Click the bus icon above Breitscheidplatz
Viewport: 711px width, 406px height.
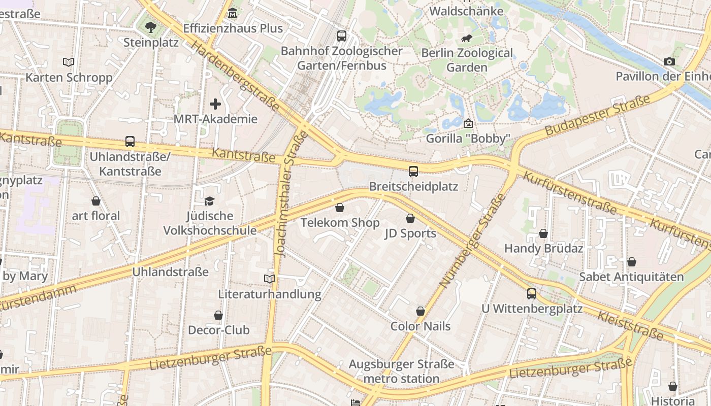click(x=413, y=171)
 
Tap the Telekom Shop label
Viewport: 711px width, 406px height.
click(x=340, y=223)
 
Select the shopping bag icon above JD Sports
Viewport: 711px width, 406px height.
click(x=410, y=218)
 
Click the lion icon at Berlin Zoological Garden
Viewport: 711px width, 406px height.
click(x=466, y=39)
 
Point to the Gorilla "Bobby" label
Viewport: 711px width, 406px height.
click(x=467, y=139)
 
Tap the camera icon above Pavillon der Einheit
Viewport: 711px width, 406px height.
click(x=669, y=61)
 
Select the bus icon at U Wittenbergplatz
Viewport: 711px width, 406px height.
click(x=531, y=293)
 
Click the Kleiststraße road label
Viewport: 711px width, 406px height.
click(x=630, y=325)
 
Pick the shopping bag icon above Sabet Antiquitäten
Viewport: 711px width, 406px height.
click(x=631, y=262)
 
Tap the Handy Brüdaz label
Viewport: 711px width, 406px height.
click(x=543, y=249)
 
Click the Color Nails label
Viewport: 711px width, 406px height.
click(x=421, y=326)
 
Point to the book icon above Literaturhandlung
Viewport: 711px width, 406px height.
click(x=270, y=279)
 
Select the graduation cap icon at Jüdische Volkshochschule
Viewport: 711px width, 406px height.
click(x=210, y=201)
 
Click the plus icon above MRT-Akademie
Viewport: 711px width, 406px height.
click(x=215, y=104)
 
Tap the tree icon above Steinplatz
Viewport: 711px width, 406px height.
click(x=151, y=27)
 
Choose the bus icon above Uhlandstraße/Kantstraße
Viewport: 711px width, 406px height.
click(x=130, y=142)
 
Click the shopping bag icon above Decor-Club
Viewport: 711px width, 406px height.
click(x=218, y=315)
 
